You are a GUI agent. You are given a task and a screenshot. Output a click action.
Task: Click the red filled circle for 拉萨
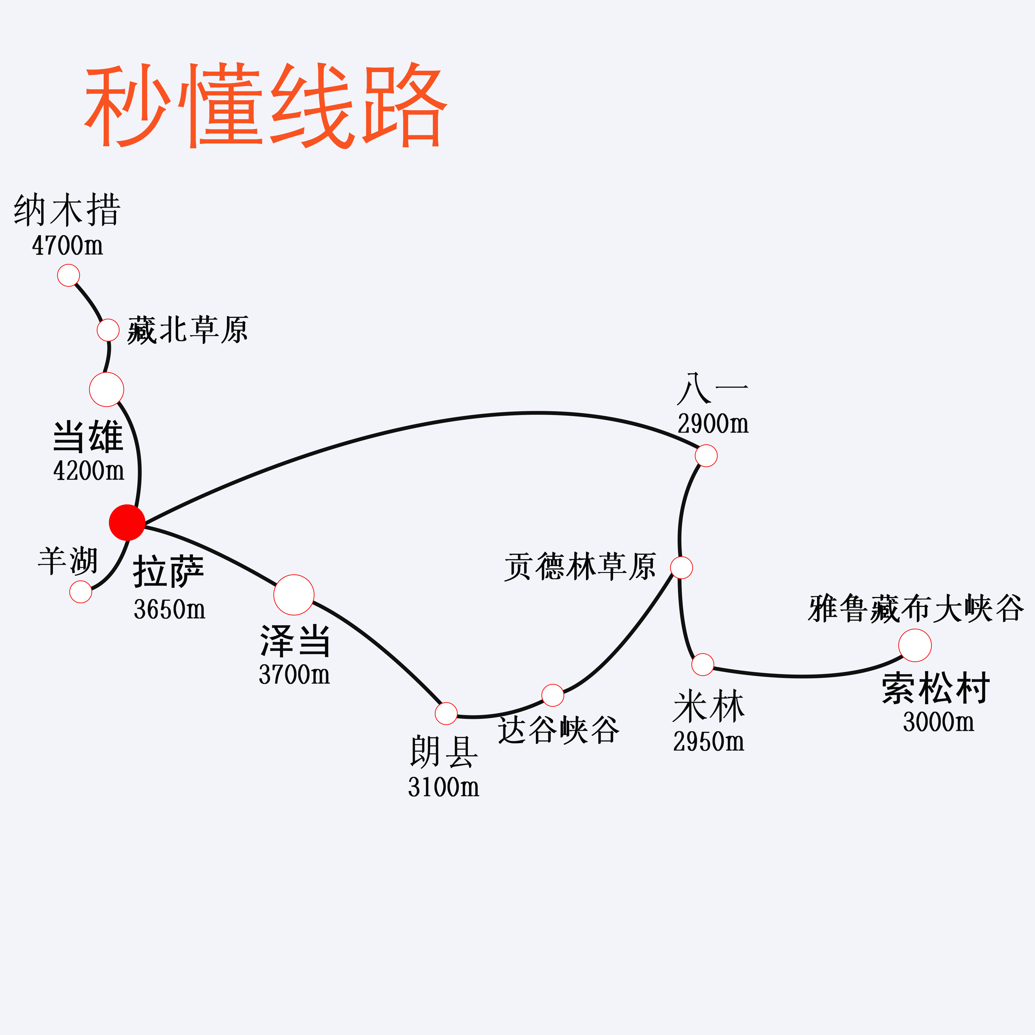point(127,522)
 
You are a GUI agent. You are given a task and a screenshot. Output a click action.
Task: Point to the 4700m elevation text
point(68,246)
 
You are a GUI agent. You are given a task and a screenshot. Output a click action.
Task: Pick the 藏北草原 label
point(187,330)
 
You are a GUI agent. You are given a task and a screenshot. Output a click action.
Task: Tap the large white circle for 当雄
point(107,390)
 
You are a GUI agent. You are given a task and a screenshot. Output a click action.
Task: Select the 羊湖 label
point(68,561)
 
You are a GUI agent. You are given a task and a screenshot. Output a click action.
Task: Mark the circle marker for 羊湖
point(81,592)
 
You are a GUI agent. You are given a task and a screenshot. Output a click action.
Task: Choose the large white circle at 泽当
point(294,595)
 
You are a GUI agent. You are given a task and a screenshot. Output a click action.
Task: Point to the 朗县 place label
point(444,751)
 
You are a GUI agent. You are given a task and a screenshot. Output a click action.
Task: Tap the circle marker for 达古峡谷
point(553,695)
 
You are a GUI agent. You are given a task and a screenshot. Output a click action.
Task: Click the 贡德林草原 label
point(580,566)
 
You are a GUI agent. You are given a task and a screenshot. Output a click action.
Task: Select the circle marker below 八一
point(706,456)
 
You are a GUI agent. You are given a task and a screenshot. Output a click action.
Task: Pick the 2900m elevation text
point(713,424)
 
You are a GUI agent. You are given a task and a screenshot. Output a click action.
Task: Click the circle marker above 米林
point(703,664)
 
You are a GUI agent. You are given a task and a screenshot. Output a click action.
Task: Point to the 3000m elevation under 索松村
point(939,722)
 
